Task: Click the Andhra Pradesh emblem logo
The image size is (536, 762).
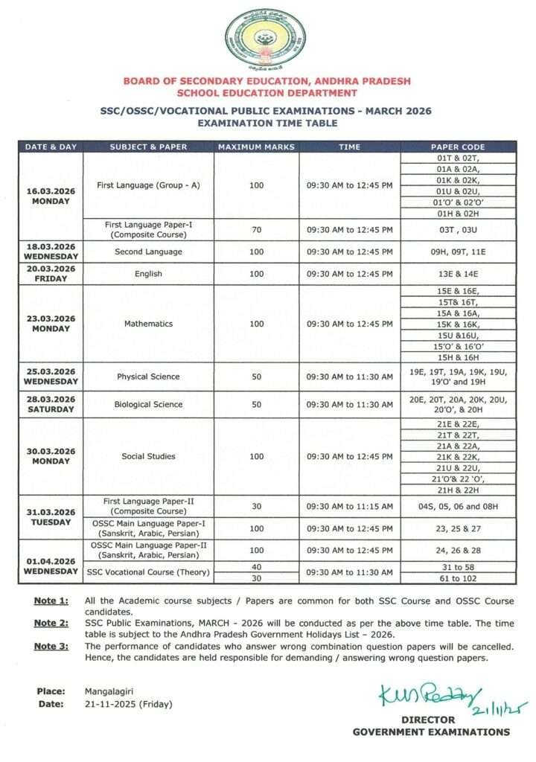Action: [265, 39]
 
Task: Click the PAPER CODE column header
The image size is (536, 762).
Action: [458, 147]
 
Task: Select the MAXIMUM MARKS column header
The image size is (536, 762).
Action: [257, 147]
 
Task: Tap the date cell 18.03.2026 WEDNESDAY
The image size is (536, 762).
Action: [51, 252]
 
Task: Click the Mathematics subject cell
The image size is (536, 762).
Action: [147, 324]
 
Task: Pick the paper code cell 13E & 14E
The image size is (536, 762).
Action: [458, 274]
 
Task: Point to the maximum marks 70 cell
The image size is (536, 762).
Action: [257, 230]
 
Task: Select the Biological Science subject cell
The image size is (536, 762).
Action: [147, 405]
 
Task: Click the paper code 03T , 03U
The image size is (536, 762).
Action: [458, 230]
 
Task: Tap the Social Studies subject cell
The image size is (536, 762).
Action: [147, 456]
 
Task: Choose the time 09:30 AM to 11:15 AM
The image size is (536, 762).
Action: [350, 507]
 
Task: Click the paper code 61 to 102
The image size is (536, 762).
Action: [458, 578]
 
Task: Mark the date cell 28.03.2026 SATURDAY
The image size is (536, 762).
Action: [51, 405]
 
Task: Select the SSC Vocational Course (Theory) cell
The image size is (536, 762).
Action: [147, 572]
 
